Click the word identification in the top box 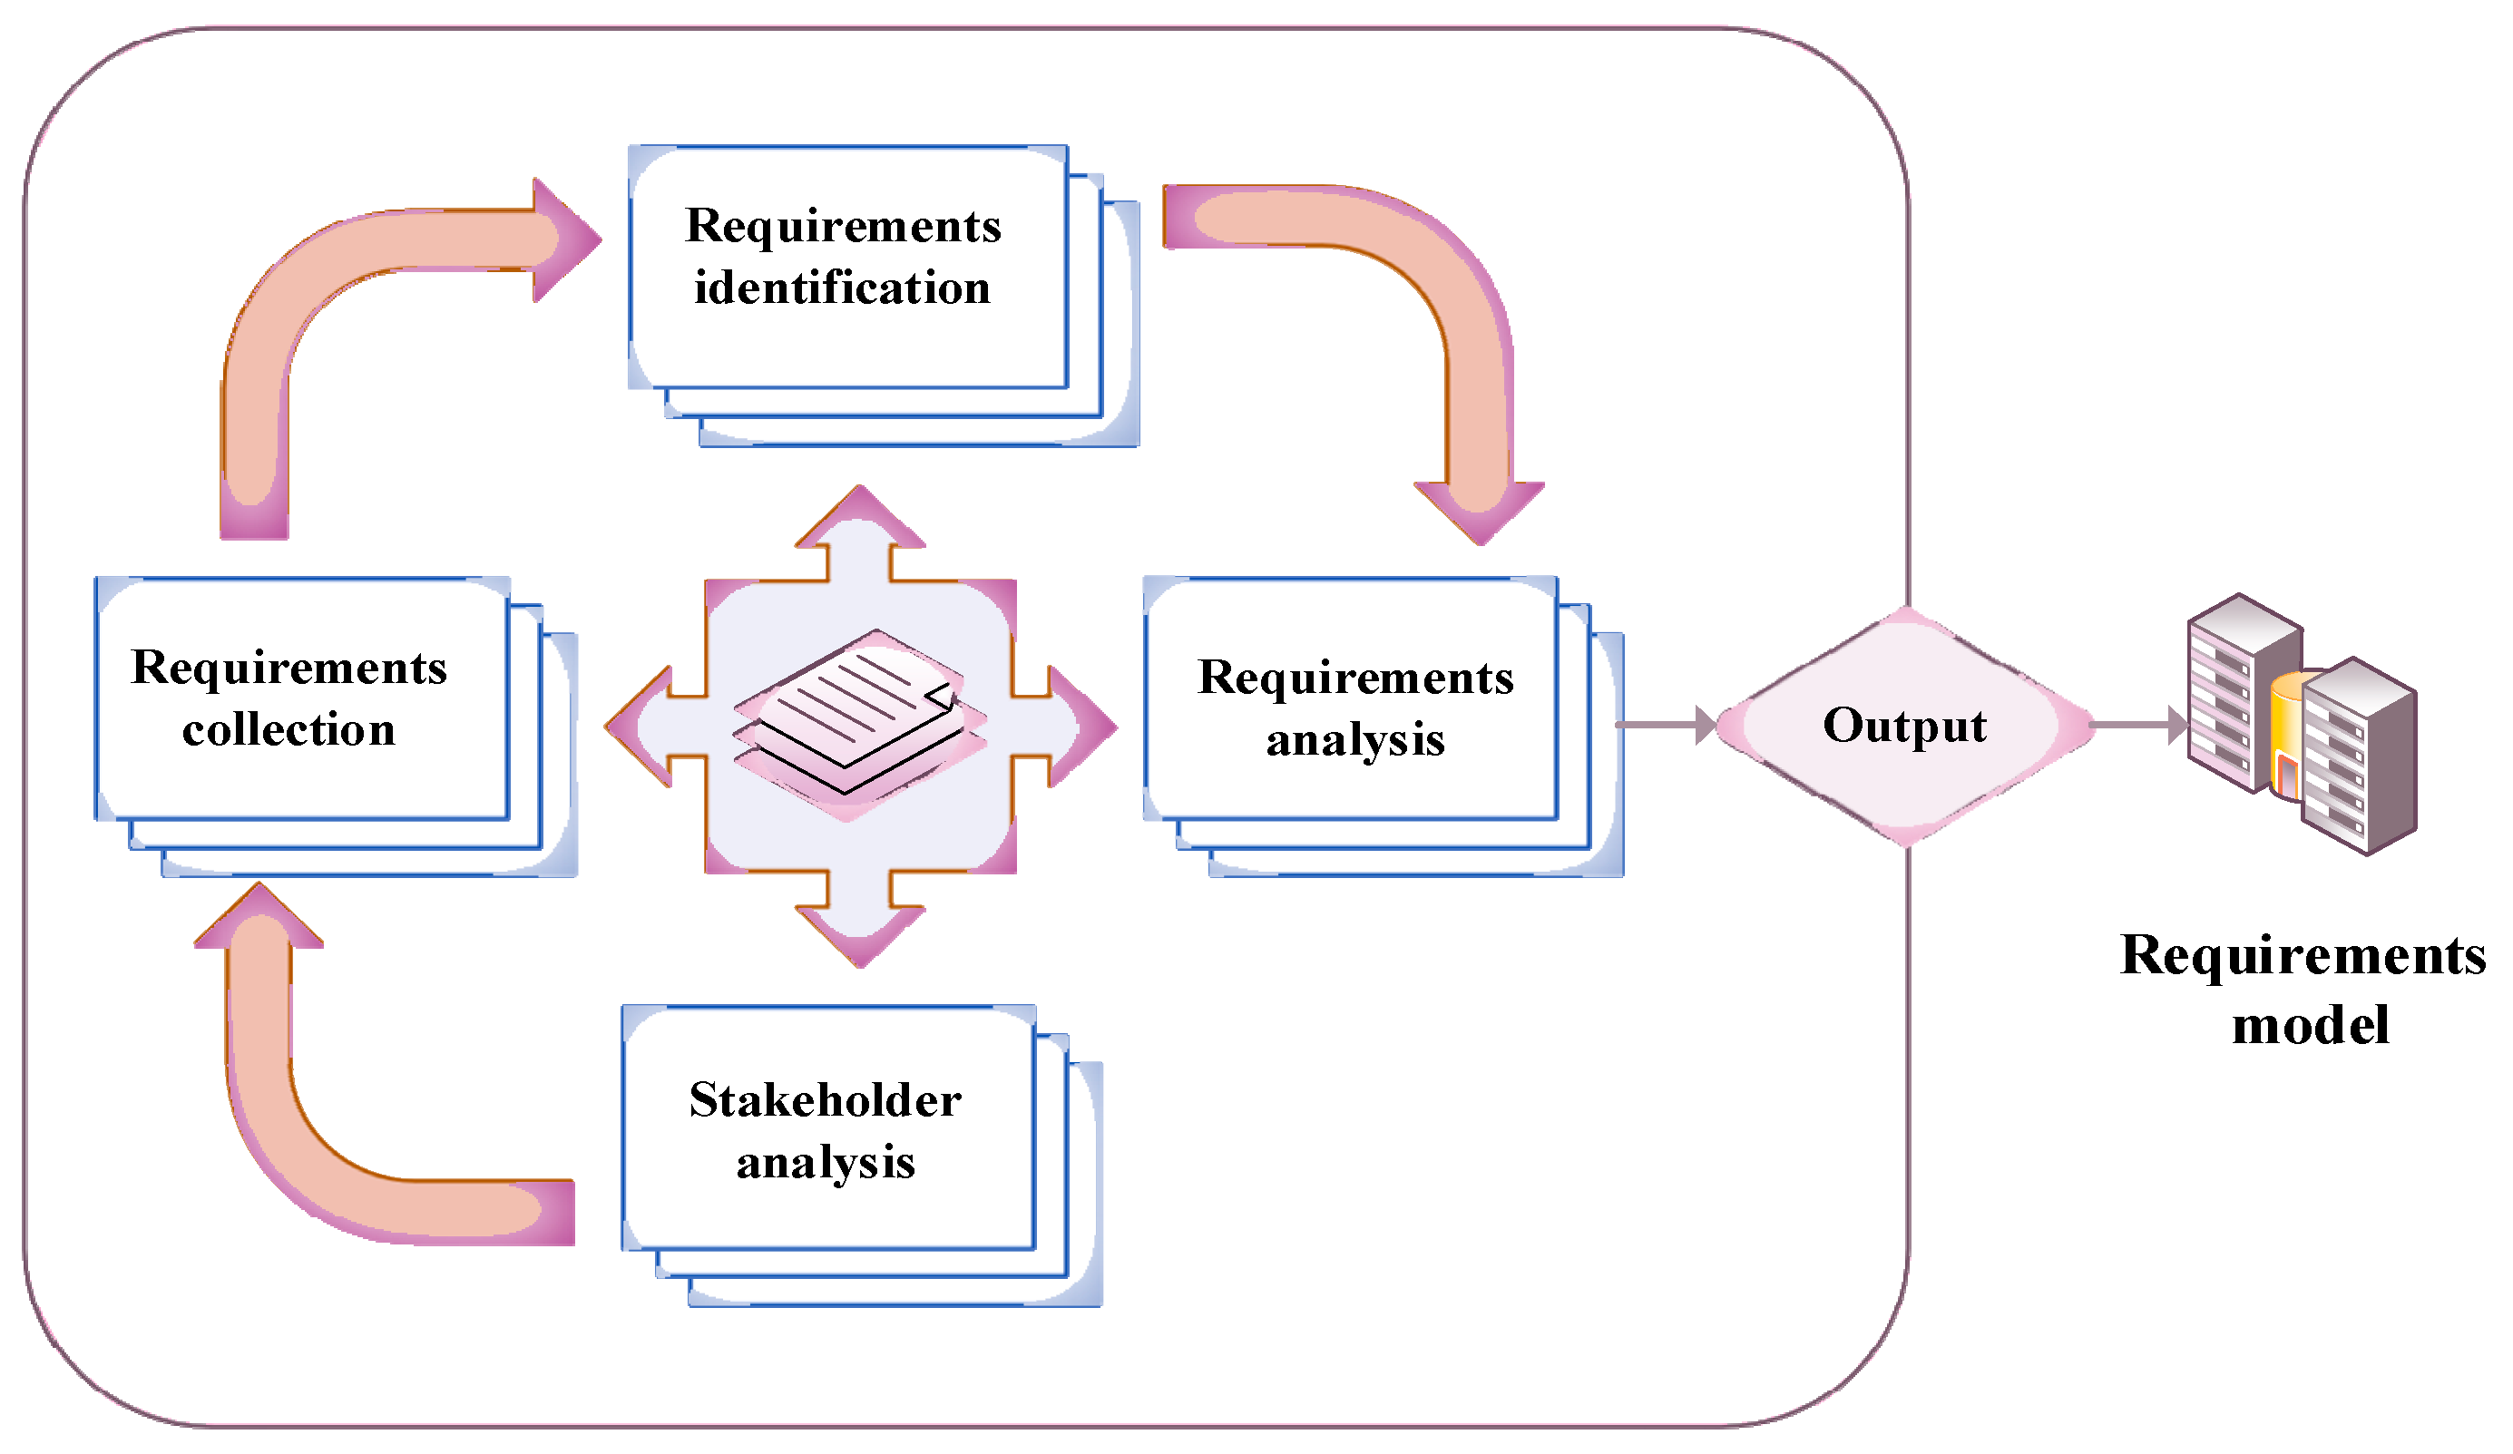point(843,289)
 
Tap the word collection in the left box point(289,731)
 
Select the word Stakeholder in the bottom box point(826,1101)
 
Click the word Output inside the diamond point(1904,726)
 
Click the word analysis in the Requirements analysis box point(1355,741)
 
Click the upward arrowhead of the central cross point(860,519)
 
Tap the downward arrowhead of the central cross point(860,934)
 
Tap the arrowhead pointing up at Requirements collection point(259,915)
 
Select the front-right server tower point(2359,758)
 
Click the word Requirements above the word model point(2303,955)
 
